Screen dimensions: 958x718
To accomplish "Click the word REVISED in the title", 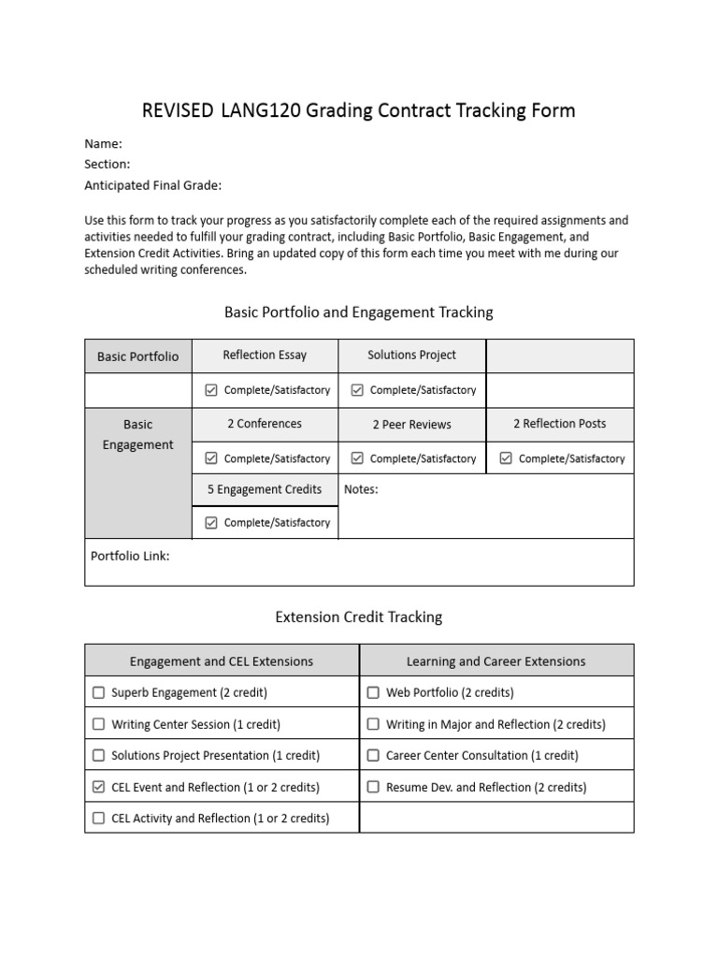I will click(178, 111).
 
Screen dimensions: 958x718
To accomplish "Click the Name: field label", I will click(103, 144).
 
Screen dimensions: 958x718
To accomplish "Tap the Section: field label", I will click(108, 164).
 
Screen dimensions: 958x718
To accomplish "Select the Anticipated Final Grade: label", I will click(152, 185).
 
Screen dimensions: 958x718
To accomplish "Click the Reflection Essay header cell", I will click(265, 356).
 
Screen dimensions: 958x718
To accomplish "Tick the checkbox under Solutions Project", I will click(357, 390).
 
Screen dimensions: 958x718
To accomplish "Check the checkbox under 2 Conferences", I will click(210, 458).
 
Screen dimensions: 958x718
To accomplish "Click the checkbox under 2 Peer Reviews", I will click(357, 458).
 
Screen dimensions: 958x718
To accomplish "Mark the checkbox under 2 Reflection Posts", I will click(506, 458).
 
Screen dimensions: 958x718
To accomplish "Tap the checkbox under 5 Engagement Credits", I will click(210, 523).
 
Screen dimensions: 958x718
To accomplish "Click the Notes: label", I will click(361, 489).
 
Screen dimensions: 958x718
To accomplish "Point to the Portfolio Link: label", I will click(130, 556).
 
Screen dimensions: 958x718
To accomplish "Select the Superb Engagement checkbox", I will click(99, 693).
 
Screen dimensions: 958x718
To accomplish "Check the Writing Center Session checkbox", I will click(99, 724).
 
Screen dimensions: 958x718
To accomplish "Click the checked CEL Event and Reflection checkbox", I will click(99, 787).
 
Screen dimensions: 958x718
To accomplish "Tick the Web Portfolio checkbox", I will click(373, 693).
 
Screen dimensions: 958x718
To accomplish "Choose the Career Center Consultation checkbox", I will click(373, 755).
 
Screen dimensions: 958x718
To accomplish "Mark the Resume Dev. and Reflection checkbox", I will click(373, 787).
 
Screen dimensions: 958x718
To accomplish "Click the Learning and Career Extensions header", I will click(495, 661).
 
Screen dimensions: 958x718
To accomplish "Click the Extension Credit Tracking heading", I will click(359, 617).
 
